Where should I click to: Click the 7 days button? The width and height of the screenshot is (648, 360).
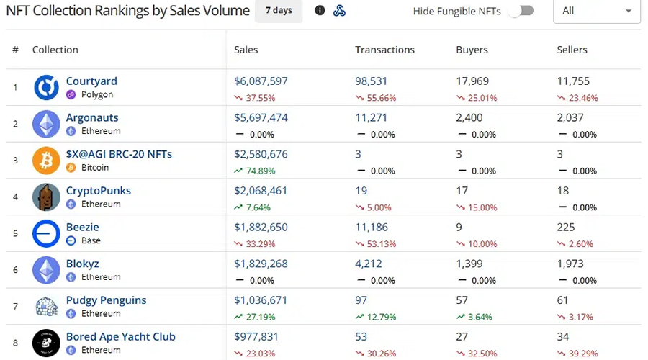[279, 11]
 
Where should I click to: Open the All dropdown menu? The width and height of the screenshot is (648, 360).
[597, 11]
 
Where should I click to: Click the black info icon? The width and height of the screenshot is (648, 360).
[320, 10]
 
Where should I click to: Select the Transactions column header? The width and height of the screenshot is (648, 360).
[384, 50]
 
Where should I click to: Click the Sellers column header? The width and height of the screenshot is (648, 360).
[572, 50]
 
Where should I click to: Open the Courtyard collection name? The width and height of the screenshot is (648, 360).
[91, 81]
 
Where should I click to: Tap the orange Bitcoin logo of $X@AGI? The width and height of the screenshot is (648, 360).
[46, 161]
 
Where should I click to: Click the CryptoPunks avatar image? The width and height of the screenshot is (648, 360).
[46, 197]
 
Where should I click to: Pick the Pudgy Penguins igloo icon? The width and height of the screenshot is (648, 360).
[46, 306]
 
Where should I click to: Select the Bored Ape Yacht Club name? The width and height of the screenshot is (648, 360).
[121, 336]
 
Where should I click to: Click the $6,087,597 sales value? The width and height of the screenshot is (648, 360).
[261, 81]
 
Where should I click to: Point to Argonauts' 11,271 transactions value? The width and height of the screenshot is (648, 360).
[371, 118]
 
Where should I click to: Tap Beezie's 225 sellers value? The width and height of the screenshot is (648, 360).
[566, 228]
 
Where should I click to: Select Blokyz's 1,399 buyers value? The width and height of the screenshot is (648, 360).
[469, 264]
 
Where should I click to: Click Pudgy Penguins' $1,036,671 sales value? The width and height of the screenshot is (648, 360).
[261, 300]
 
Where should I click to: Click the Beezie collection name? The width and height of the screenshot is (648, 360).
[83, 227]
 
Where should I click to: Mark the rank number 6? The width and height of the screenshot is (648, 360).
[15, 270]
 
